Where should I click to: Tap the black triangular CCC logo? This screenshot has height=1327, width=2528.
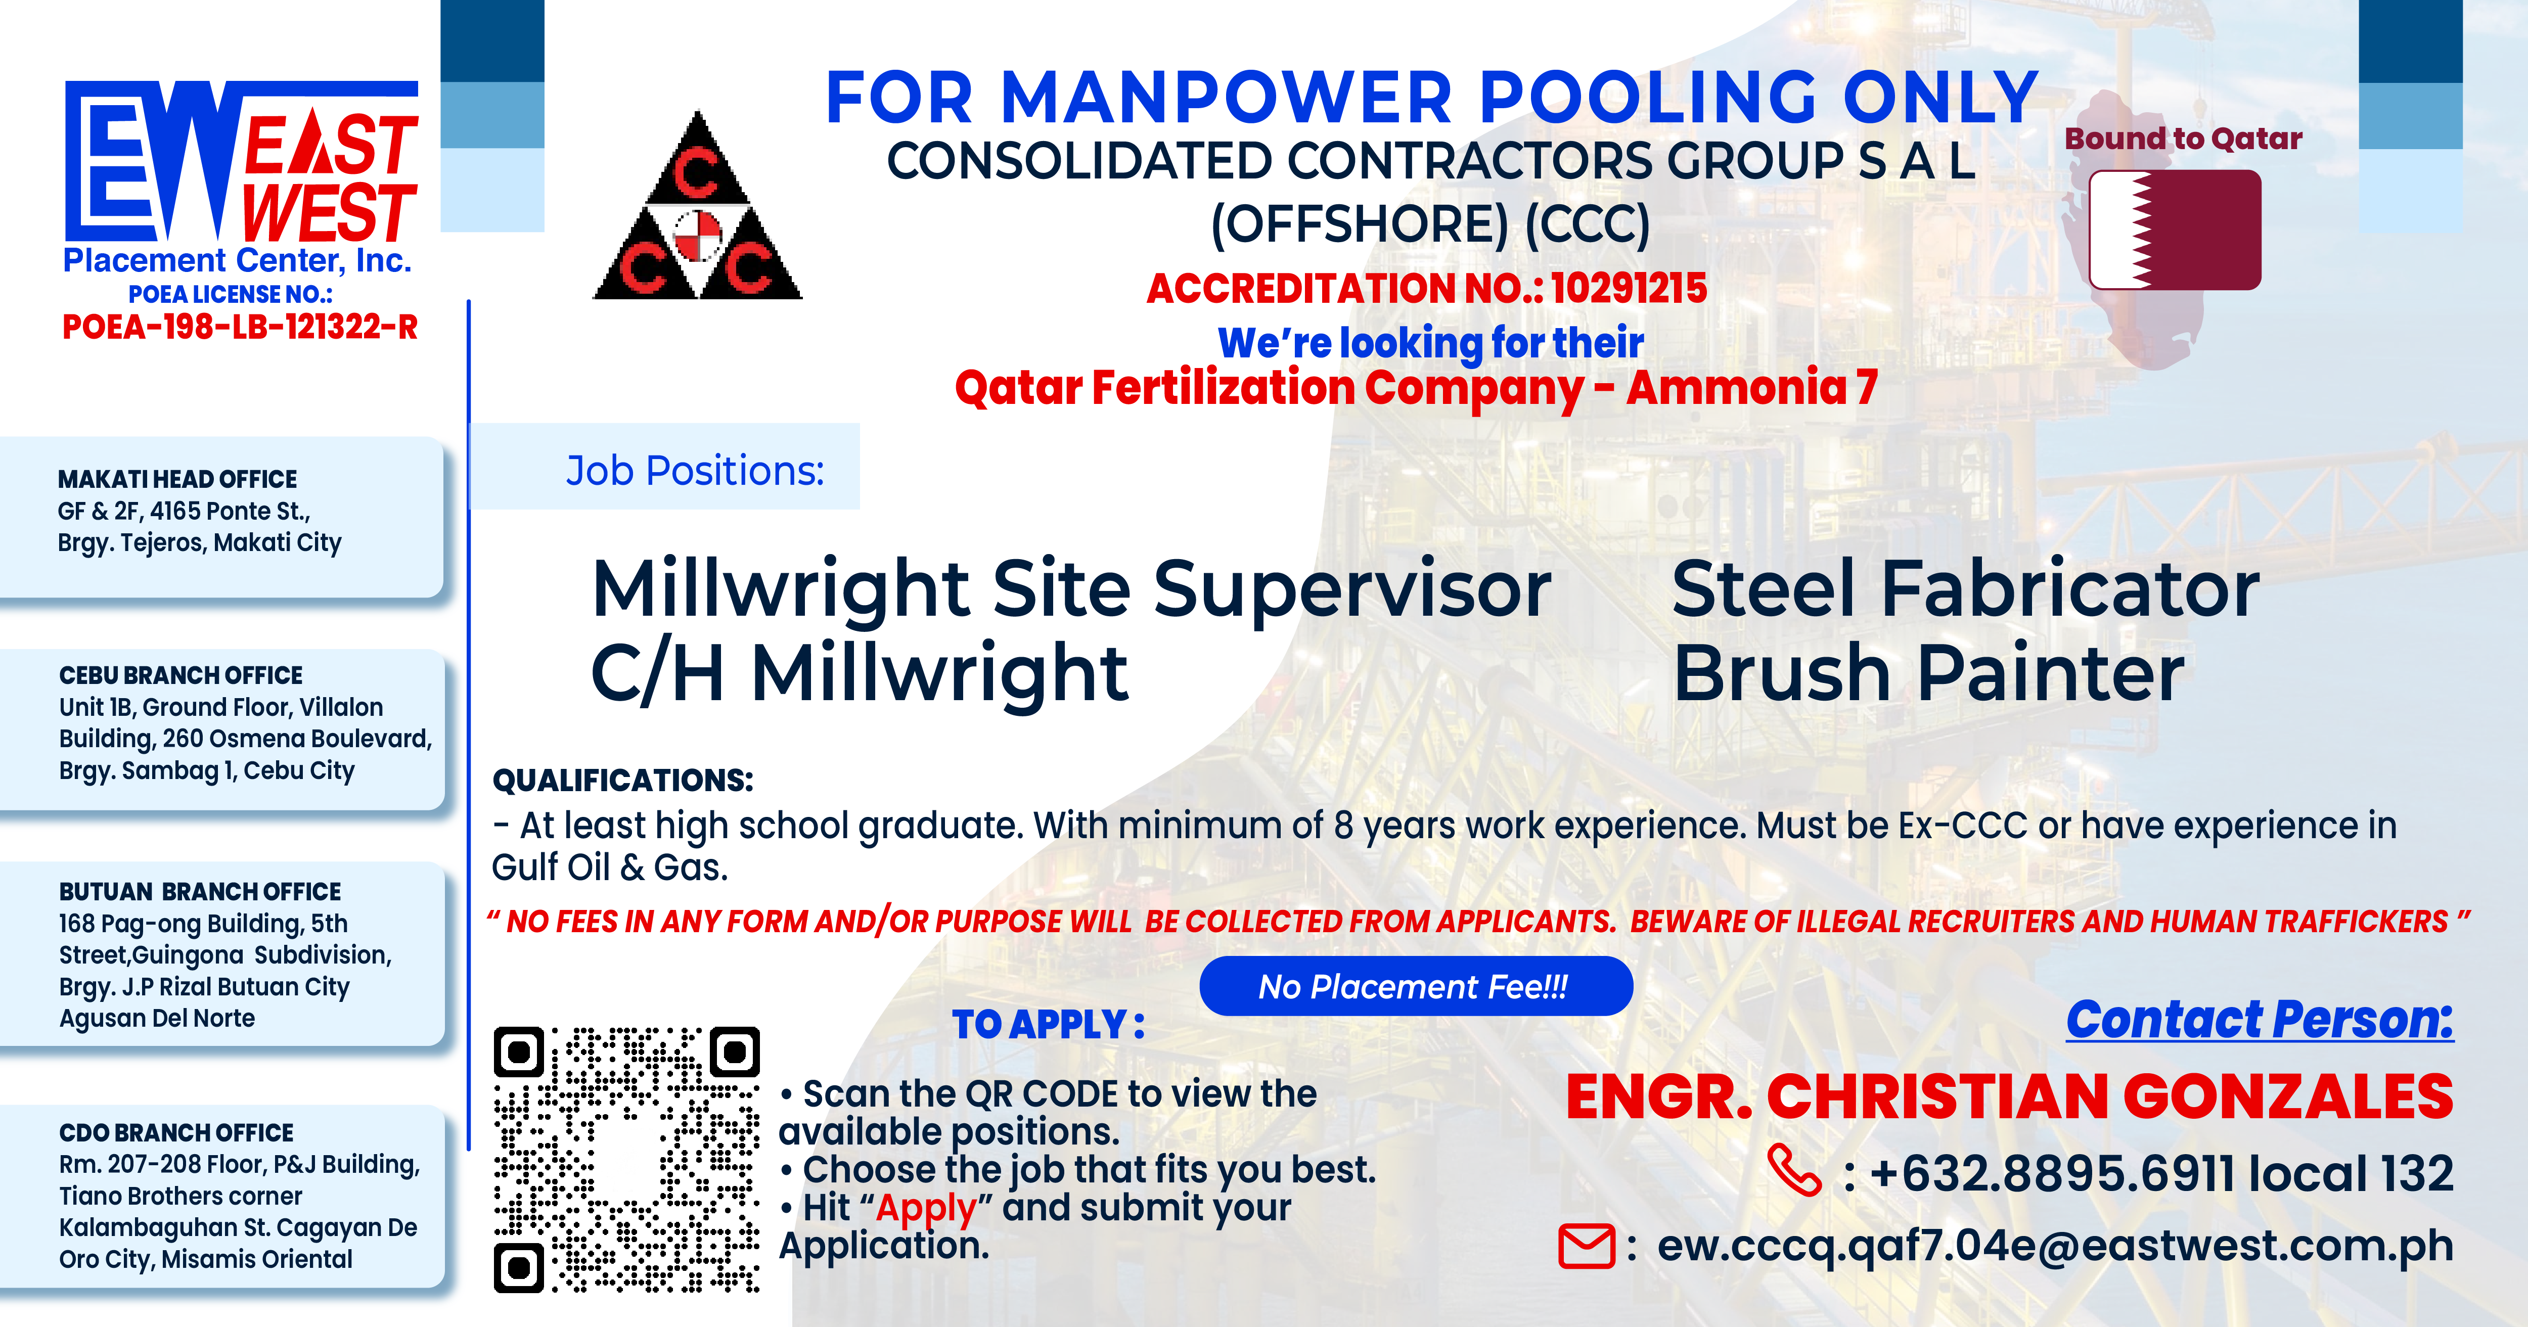[x=698, y=206]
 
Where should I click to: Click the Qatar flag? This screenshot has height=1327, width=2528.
[x=2175, y=230]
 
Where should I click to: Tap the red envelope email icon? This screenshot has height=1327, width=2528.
[x=1586, y=1247]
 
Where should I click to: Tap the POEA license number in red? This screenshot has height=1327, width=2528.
[x=241, y=327]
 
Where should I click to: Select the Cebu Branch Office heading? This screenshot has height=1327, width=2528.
[x=180, y=675]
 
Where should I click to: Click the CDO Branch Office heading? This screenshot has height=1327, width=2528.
[x=176, y=1133]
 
